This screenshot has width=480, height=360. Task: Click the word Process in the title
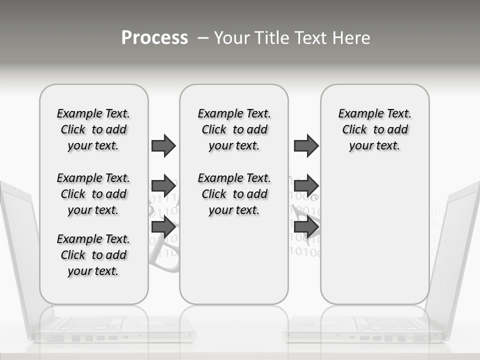tap(154, 38)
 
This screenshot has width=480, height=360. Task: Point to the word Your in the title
tap(232, 38)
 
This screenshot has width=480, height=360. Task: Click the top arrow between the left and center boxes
tap(163, 145)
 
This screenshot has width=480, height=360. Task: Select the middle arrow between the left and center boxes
tap(163, 186)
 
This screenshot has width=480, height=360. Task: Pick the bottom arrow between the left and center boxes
tap(163, 227)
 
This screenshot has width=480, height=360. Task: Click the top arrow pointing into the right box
tap(306, 145)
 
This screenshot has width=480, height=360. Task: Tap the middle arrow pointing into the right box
tap(306, 186)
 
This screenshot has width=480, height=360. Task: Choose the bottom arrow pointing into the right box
tap(306, 227)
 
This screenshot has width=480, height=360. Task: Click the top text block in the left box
tap(93, 129)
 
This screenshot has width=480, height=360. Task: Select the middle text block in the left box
tap(93, 194)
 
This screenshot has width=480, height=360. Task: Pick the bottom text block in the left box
tap(93, 255)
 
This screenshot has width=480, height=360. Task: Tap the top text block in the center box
tap(234, 129)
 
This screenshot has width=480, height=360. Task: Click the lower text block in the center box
tap(234, 194)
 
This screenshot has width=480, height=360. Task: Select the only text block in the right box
tap(375, 129)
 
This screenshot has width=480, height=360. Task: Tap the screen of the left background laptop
tap(20, 250)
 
